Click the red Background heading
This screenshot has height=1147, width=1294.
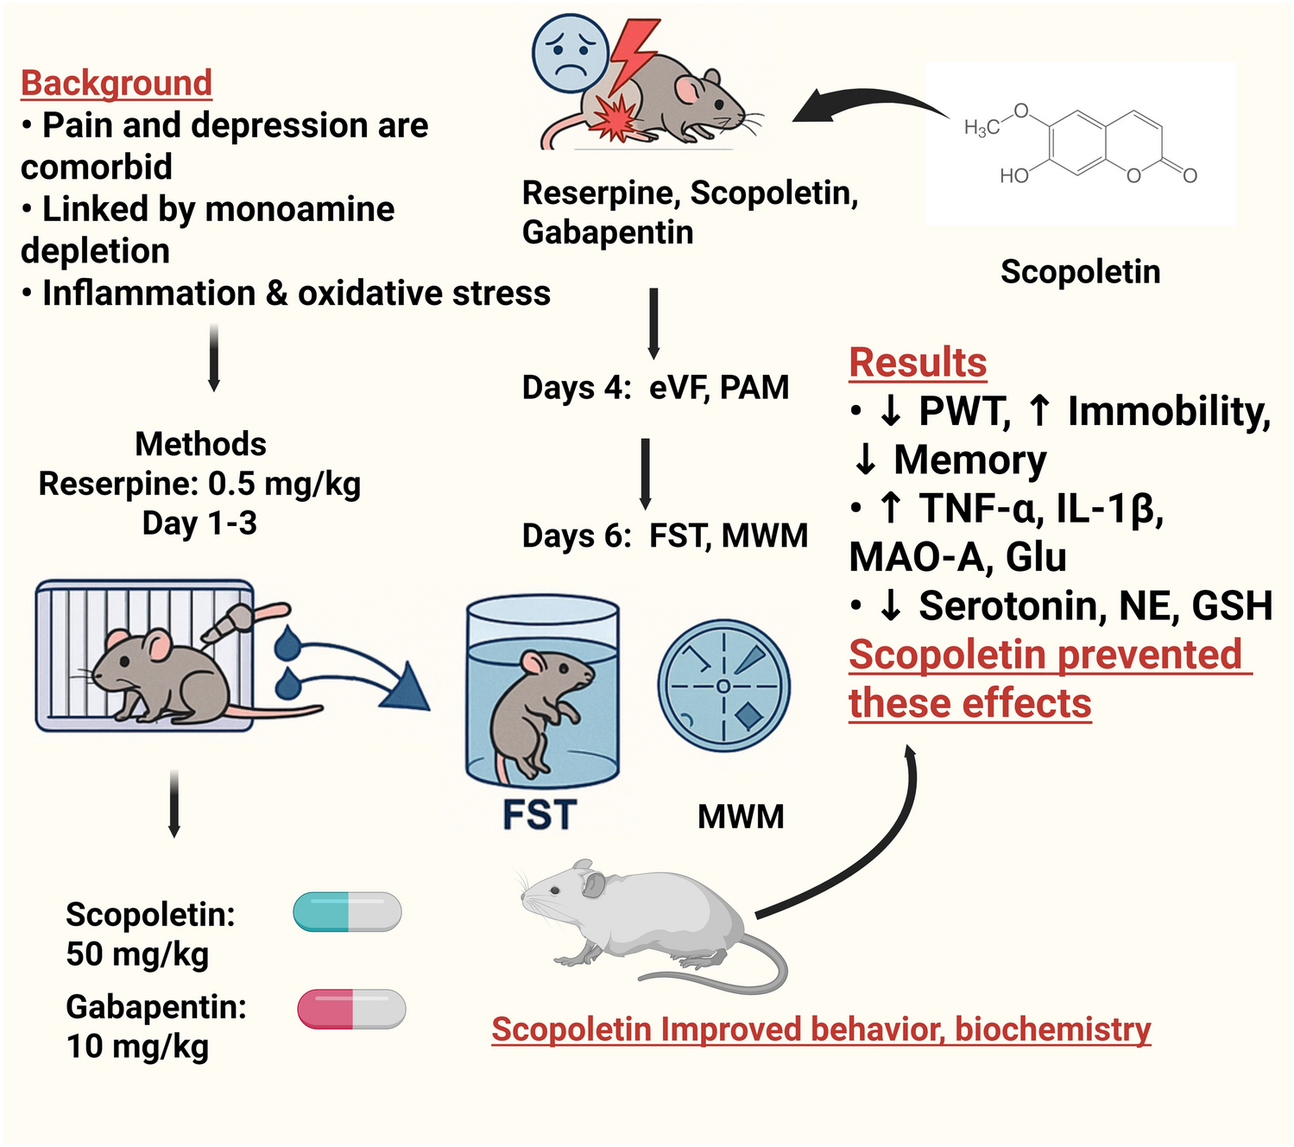point(117,83)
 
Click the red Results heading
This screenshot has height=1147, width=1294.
point(918,362)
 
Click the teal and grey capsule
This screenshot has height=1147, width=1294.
point(347,912)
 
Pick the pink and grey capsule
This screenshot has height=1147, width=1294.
point(351,1009)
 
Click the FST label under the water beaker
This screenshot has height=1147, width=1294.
point(540,815)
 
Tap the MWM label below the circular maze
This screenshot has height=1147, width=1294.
point(741,816)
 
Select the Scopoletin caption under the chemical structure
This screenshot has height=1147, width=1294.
point(1080,271)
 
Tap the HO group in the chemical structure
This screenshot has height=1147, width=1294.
point(1014,176)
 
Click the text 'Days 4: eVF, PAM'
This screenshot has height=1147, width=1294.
point(655,388)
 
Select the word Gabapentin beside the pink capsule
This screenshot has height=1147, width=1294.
point(155,1007)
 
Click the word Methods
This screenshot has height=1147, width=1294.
point(200,444)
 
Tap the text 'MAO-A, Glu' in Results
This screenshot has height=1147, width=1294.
point(957,557)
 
